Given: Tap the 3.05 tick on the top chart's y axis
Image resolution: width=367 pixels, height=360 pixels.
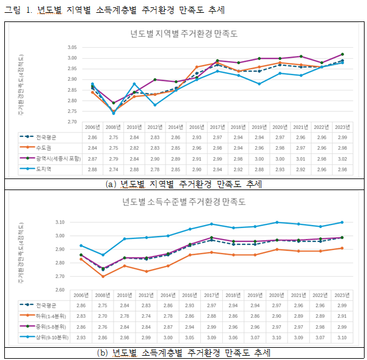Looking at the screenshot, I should pos(72,47).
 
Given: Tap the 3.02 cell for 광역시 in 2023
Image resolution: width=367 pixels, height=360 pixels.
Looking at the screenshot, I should pos(341,158).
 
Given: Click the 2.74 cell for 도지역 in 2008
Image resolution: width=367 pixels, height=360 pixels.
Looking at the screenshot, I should pos(113,168).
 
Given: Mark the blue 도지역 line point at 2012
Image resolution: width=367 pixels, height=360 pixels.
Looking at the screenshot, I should pos(155,105).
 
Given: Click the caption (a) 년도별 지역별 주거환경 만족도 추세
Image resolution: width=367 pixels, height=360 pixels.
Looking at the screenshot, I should pos(183,184).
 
